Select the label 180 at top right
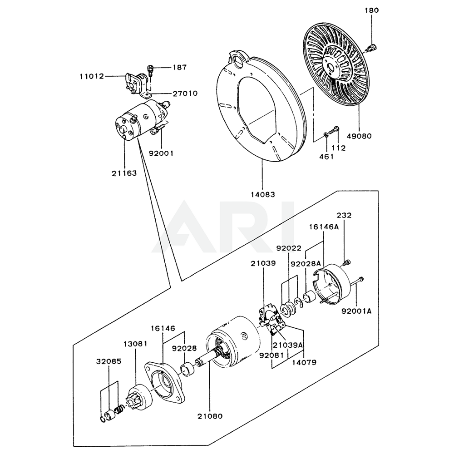tap(372, 10)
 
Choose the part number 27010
tap(184, 94)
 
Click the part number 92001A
tap(356, 311)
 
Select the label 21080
tap(210, 415)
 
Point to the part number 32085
tap(109, 362)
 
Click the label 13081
tap(136, 344)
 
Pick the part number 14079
tap(304, 363)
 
